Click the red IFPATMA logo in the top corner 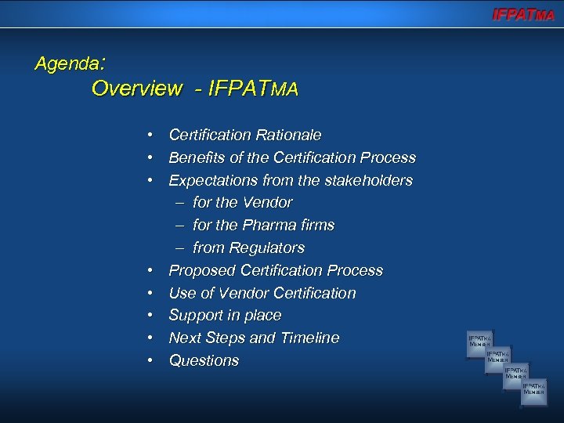[522, 14]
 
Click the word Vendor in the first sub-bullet [268, 203]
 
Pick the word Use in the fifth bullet [183, 294]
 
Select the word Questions [204, 361]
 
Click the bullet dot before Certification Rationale [149, 136]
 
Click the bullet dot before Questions [149, 361]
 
